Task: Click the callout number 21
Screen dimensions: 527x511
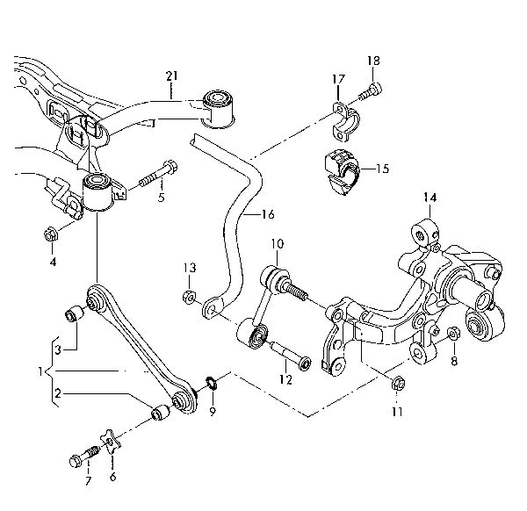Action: pyautogui.click(x=172, y=76)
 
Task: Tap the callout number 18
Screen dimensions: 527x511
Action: pyautogui.click(x=373, y=61)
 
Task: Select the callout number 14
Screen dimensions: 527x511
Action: pyautogui.click(x=430, y=198)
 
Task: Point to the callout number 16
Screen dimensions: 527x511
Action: pyautogui.click(x=268, y=214)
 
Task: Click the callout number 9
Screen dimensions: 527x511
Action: pyautogui.click(x=213, y=411)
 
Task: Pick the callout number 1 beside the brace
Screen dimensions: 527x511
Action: pyautogui.click(x=40, y=371)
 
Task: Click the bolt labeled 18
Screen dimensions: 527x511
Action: pyautogui.click(x=371, y=91)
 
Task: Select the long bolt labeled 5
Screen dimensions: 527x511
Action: pyautogui.click(x=158, y=176)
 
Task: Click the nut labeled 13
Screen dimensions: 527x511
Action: pyautogui.click(x=189, y=297)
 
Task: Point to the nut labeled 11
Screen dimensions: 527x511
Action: pyautogui.click(x=399, y=383)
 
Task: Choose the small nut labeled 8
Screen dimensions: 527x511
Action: pyautogui.click(x=453, y=333)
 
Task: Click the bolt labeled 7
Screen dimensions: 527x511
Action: pyautogui.click(x=83, y=456)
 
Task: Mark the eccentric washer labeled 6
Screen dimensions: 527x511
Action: pyautogui.click(x=111, y=441)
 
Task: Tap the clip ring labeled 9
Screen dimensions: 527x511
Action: pyautogui.click(x=211, y=383)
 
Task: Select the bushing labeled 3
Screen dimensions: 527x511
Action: pyautogui.click(x=74, y=313)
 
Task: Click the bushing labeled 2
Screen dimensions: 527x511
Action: pyautogui.click(x=160, y=413)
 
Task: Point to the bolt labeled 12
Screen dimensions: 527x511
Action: pyautogui.click(x=289, y=356)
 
